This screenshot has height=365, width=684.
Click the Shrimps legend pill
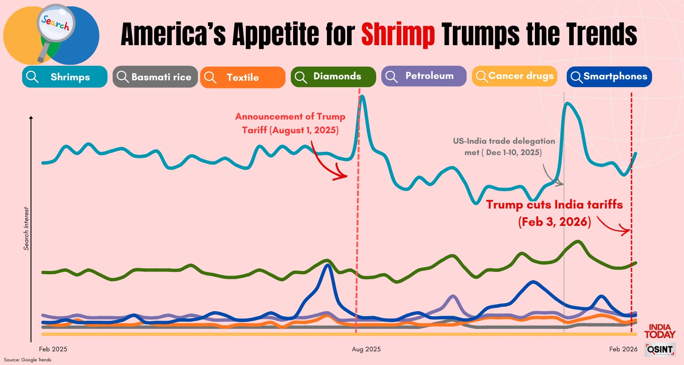tap(64, 77)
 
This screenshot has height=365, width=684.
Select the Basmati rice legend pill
tap(155, 77)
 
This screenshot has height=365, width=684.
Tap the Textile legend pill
tap(242, 77)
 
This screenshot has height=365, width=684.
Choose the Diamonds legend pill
tap(333, 77)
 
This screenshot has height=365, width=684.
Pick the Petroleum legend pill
tap(424, 76)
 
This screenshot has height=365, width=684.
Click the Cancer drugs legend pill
tap(515, 76)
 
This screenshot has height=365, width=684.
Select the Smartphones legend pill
tap(609, 76)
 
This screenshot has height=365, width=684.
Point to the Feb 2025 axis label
tap(53, 349)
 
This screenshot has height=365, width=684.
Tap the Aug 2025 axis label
tap(366, 349)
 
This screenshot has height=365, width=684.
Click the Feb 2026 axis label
tap(623, 349)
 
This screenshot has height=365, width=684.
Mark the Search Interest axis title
tap(26, 227)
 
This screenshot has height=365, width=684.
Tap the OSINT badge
tap(659, 349)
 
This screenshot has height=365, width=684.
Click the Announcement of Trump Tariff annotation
tap(290, 123)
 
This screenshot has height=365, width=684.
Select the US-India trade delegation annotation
tap(503, 146)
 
